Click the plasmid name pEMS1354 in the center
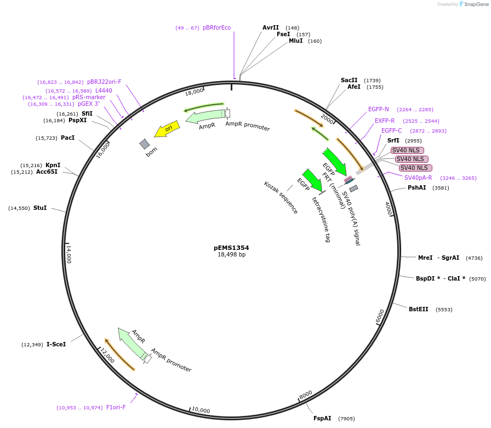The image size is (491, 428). [x=231, y=248]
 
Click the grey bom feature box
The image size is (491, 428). [x=145, y=144]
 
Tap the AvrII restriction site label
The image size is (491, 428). [x=271, y=27]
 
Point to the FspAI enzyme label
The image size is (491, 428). [x=322, y=418]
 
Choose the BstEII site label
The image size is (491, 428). [x=419, y=309]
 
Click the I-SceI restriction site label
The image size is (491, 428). [x=56, y=344]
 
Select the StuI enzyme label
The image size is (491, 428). [x=40, y=208]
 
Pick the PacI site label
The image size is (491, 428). [x=67, y=138]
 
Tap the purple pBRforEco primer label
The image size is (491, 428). [x=217, y=27]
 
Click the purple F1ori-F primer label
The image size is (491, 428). [x=116, y=407]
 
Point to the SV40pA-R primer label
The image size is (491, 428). [x=418, y=178]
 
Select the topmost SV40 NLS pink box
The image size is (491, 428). [x=407, y=150]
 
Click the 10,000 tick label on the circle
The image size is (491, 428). [x=201, y=410]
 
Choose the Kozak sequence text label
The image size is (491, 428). [x=281, y=197]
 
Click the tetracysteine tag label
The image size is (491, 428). [x=321, y=219]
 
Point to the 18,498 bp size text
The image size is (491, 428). [x=231, y=255]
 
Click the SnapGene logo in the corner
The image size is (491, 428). [x=473, y=4]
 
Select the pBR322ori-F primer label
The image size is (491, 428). [x=104, y=82]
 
